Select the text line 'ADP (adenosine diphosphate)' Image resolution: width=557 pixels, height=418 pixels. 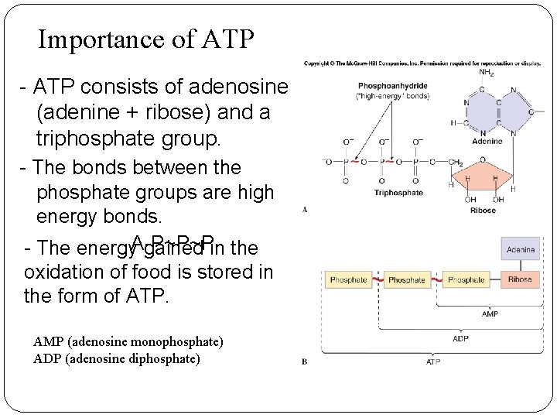point(117,358)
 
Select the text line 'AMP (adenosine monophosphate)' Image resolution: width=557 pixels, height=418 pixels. point(128,341)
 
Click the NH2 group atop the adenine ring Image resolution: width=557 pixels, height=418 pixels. point(487,73)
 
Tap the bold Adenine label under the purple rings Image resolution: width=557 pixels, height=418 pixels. point(487,141)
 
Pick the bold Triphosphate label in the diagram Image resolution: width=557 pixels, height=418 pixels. point(398,192)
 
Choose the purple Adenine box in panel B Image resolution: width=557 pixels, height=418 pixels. point(520,250)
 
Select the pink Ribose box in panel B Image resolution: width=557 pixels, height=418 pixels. point(520,279)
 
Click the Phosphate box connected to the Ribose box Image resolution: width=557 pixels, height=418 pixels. point(466,279)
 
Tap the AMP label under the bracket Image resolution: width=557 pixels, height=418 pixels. point(490,314)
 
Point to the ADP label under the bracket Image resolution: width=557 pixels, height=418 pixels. point(460,337)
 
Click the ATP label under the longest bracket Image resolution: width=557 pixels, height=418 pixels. point(432,361)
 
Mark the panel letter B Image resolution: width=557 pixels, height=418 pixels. point(305,361)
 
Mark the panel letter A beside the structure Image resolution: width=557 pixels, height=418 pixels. point(305,209)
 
